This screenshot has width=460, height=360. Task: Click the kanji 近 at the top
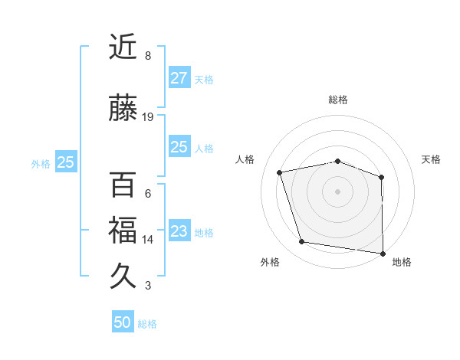coord(124,47)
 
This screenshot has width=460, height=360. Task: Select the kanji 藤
coord(124,109)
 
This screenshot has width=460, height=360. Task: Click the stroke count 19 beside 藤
coord(148,117)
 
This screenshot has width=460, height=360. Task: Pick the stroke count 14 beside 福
coord(148,240)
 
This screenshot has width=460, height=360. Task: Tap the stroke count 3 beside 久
coord(148,286)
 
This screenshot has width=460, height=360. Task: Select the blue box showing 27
coord(179,78)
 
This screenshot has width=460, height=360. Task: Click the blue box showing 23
coord(179,231)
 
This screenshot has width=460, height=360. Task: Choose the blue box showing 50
coord(122,322)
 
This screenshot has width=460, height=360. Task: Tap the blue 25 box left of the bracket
coord(65,162)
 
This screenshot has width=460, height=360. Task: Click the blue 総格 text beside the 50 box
coord(147,324)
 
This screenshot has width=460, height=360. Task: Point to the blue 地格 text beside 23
coord(204,233)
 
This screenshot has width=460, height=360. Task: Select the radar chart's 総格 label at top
coord(338,100)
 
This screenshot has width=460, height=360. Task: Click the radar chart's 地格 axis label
coord(402,263)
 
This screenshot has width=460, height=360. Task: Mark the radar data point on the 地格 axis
coord(383,253)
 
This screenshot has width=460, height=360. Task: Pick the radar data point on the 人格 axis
coord(280,172)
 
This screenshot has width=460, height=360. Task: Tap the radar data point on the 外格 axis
coord(302,242)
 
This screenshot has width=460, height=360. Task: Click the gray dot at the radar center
coord(338,191)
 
